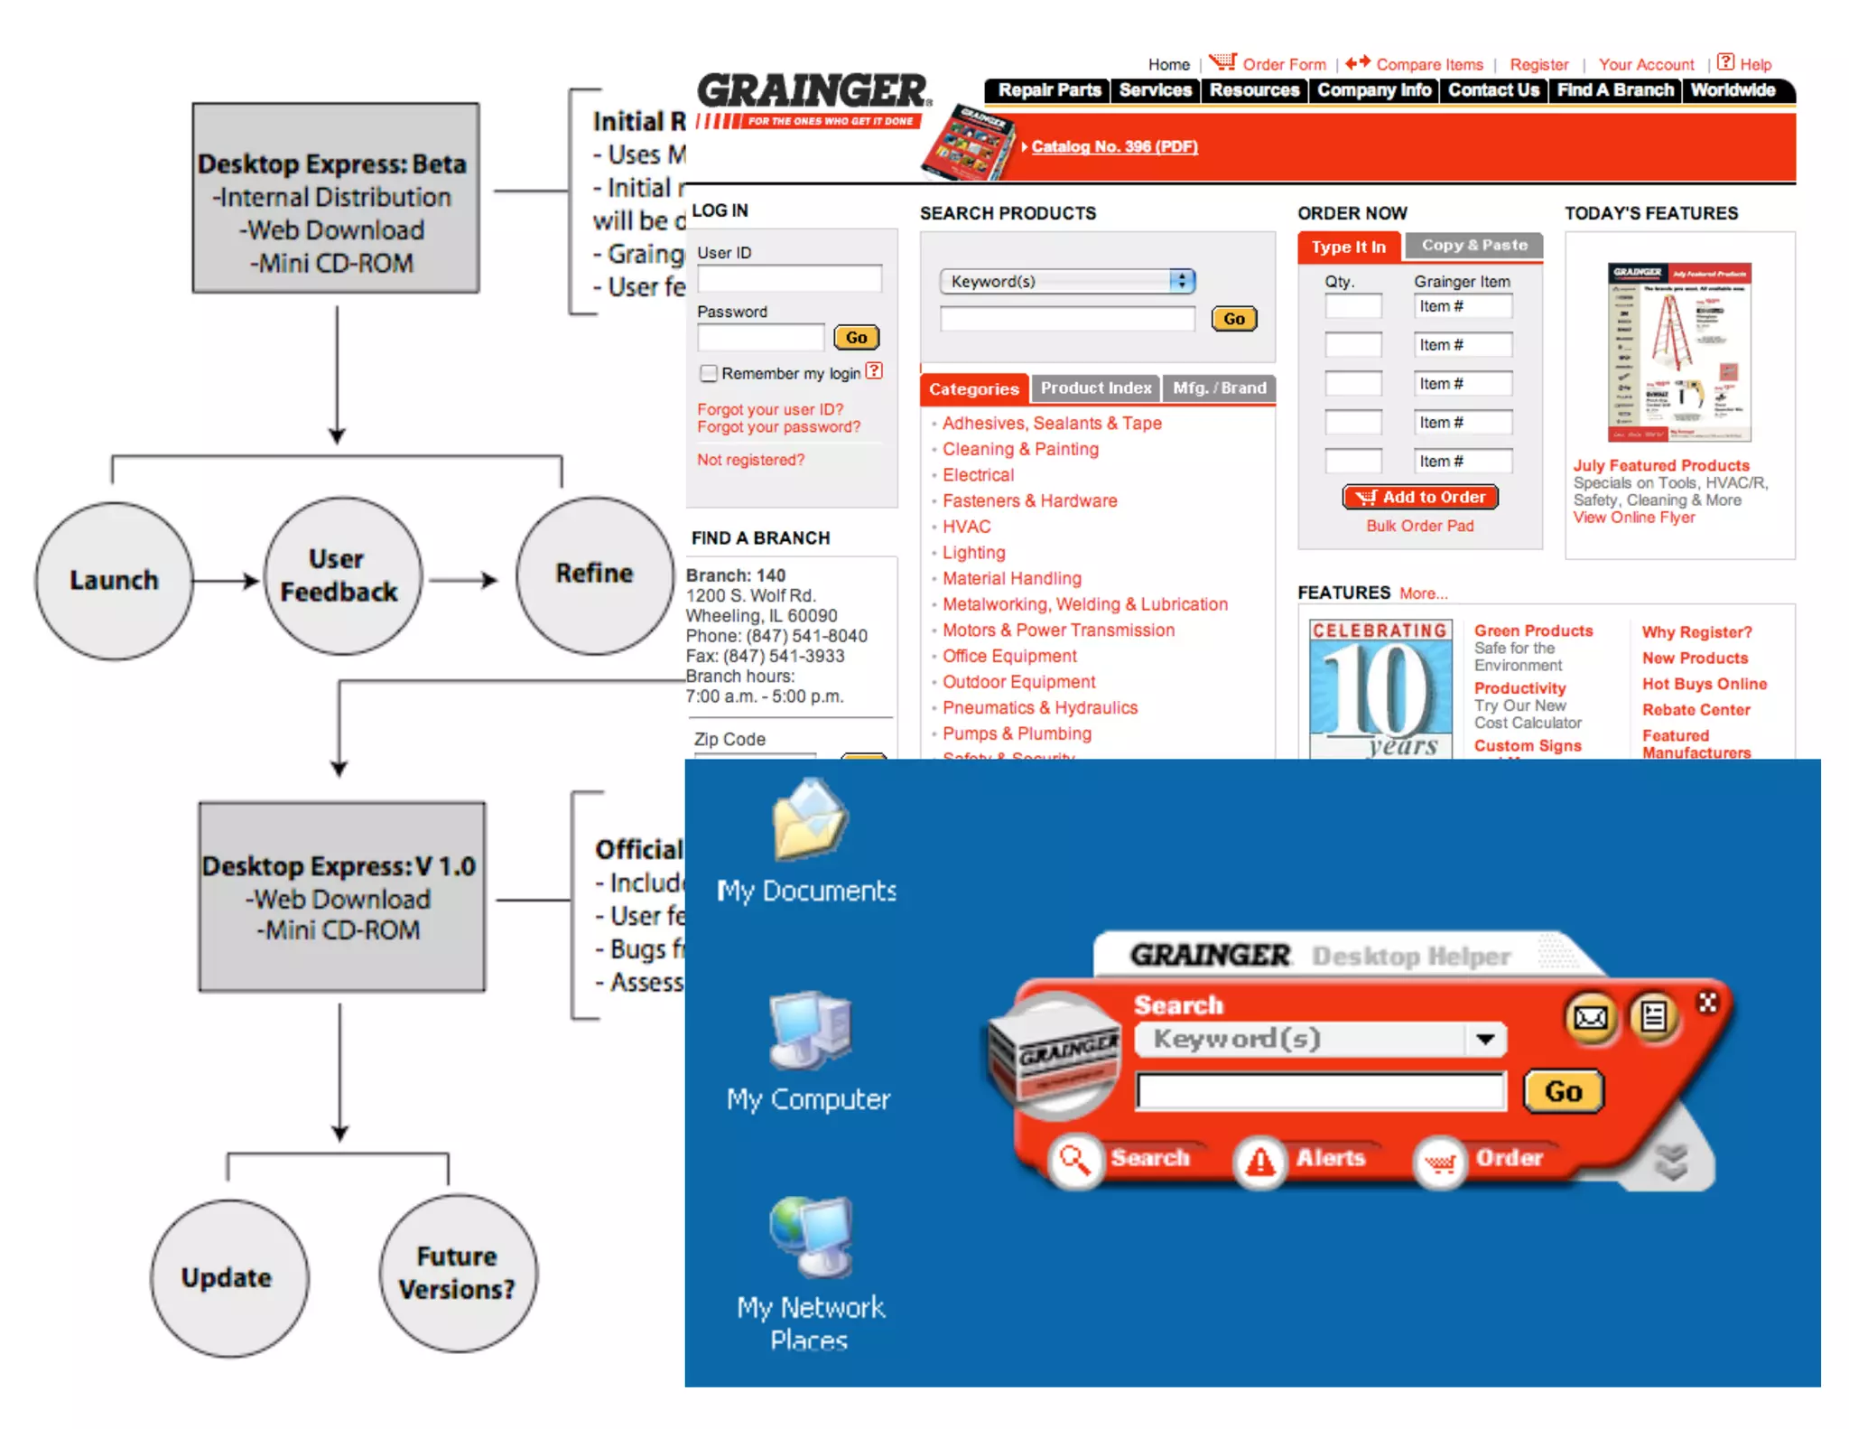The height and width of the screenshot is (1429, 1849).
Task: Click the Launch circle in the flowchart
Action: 114,580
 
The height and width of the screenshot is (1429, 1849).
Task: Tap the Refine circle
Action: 594,574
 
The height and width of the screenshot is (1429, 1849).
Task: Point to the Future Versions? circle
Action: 458,1273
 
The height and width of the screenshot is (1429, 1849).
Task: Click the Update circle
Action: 228,1277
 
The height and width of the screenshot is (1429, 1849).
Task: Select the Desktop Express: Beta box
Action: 335,198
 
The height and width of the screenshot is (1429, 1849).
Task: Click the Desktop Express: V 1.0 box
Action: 341,897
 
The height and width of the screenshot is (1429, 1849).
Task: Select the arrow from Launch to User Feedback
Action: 226,580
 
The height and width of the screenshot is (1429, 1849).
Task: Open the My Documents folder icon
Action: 809,821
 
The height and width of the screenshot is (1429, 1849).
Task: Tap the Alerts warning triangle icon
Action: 1259,1161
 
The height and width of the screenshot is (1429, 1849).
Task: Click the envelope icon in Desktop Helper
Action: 1591,1019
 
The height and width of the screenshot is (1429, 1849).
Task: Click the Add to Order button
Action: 1420,497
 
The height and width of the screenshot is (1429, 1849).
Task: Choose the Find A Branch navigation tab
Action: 1614,90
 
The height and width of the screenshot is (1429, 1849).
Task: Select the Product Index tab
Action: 1095,388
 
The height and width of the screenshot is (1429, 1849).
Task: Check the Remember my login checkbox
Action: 709,373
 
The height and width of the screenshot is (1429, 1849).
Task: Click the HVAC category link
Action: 966,527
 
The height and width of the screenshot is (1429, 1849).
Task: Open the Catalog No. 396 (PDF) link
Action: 1114,146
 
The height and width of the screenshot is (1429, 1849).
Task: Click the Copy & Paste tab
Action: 1473,246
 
